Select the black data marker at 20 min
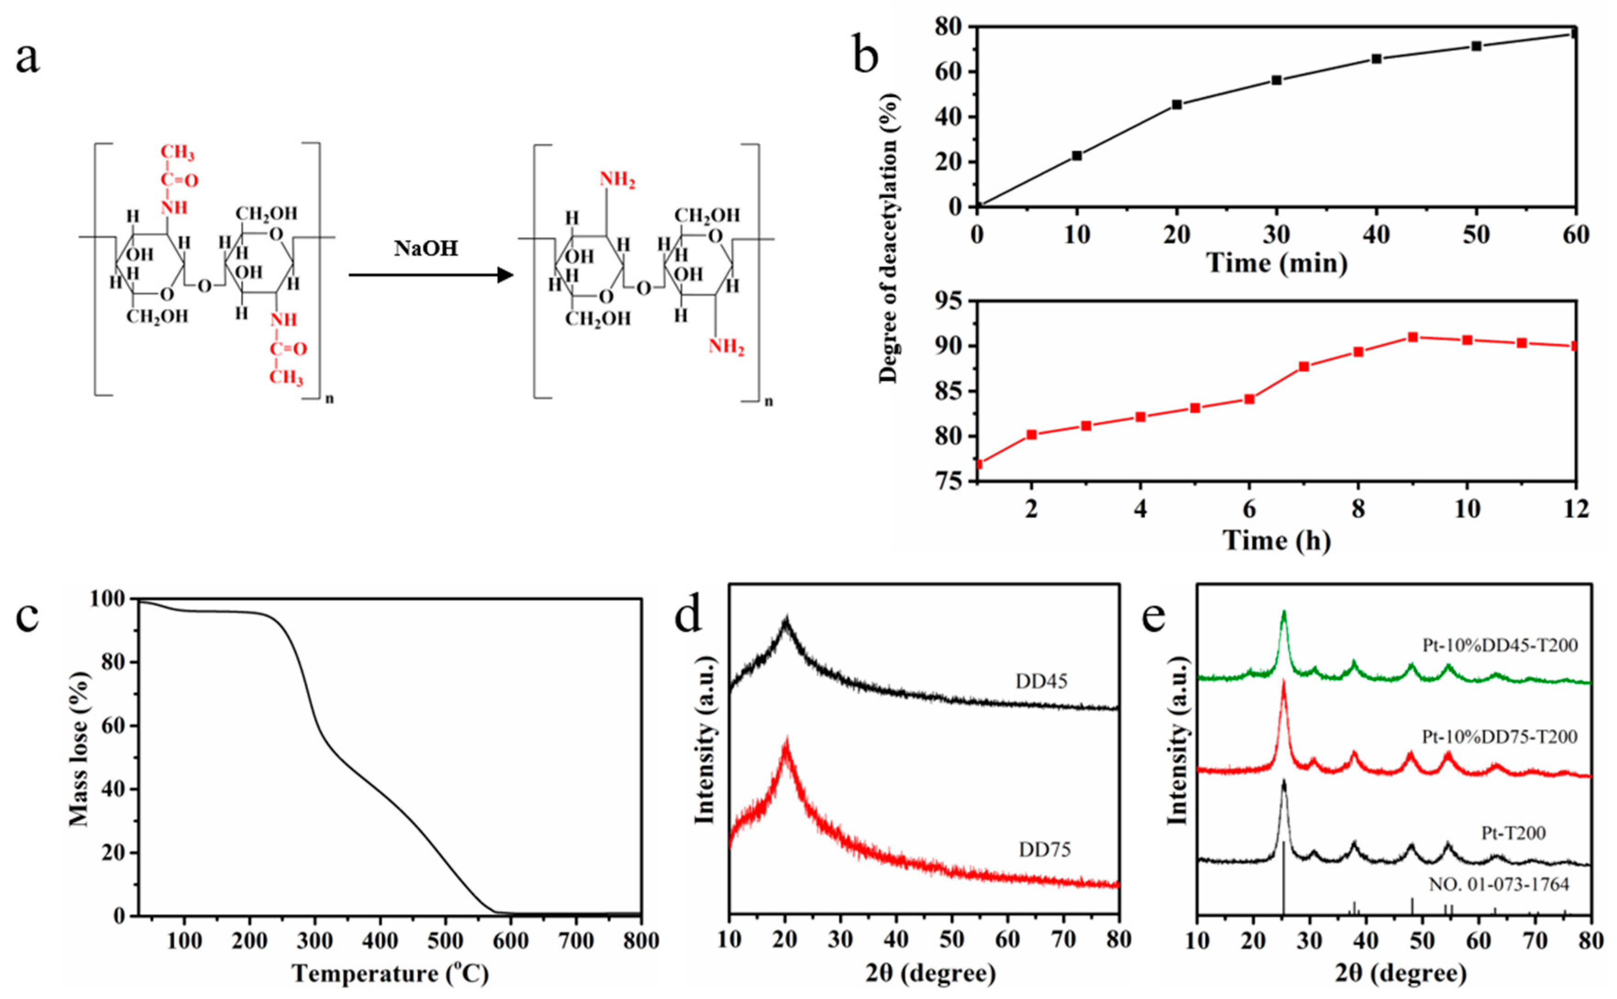pyautogui.click(x=1176, y=104)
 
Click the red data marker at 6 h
pyautogui.click(x=1249, y=399)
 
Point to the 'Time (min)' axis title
pyautogui.click(x=1276, y=264)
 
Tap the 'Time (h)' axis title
pyautogui.click(x=1276, y=540)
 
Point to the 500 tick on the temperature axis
pyautogui.click(x=445, y=940)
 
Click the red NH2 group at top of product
pyautogui.click(x=617, y=180)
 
